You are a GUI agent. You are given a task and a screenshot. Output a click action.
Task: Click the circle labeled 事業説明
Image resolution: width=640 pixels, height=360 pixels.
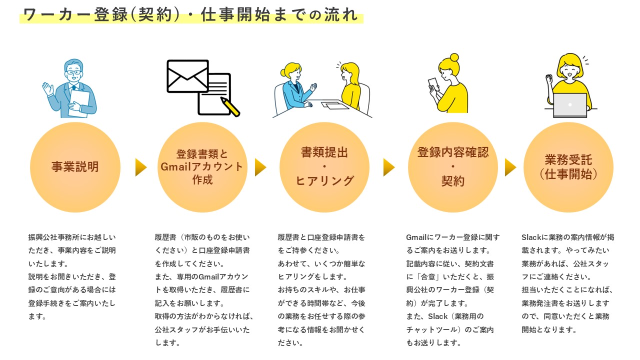tap(75, 167)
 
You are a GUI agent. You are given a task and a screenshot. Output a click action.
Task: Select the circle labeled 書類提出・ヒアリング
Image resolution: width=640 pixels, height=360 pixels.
tap(324, 167)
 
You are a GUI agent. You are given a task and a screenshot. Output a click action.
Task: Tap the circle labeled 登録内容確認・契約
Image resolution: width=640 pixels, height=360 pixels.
tap(453, 167)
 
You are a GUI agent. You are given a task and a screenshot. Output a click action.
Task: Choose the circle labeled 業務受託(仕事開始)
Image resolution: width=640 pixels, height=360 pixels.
tap(568, 167)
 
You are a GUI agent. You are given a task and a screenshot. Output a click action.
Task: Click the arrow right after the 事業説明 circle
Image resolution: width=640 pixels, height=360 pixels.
tap(141, 167)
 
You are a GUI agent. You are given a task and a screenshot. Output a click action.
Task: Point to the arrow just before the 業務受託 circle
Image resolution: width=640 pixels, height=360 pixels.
tap(510, 167)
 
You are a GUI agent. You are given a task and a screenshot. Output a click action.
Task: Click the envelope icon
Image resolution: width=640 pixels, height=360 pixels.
tap(187, 76)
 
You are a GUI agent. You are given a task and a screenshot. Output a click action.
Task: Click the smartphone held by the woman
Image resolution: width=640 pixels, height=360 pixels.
tap(432, 83)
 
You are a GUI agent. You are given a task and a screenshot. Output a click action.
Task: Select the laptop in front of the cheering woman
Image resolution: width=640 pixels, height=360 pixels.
tap(570, 105)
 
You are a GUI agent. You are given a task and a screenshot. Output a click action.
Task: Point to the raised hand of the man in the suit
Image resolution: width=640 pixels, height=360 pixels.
tap(48, 89)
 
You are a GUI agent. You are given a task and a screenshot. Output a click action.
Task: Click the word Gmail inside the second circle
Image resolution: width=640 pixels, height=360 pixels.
tap(176, 167)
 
